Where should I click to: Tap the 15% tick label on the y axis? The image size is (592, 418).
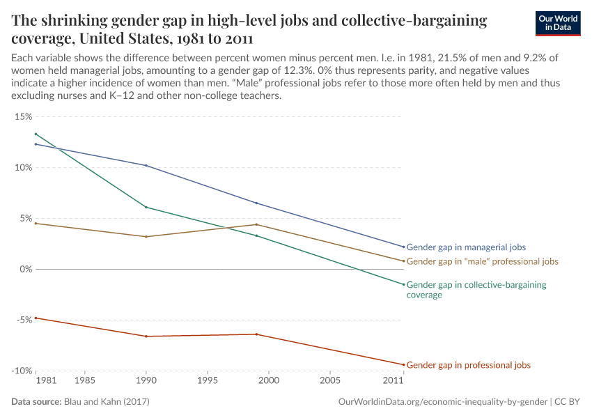coord(23,116)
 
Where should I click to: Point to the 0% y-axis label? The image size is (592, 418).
coord(25,269)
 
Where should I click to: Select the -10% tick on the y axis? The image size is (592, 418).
coord(22,371)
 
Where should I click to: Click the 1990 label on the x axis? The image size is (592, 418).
coord(146,381)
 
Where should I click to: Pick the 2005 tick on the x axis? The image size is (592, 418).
coord(330,381)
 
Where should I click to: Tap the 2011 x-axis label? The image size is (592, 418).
coord(394,381)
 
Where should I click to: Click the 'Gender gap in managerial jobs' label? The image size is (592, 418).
coord(466,247)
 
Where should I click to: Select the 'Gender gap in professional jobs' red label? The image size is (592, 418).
coord(468,365)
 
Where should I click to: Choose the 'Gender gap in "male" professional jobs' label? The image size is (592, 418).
coord(482,261)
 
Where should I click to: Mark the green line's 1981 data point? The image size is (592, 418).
coord(36,134)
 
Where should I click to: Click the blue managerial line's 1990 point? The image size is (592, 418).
coord(146,165)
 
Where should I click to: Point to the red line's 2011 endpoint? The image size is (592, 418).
coord(403,364)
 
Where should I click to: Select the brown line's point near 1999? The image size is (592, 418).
coord(256,224)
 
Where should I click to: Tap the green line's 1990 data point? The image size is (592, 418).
coord(146,207)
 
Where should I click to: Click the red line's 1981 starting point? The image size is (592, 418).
coord(36,318)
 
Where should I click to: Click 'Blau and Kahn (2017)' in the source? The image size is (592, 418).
coord(107,402)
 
